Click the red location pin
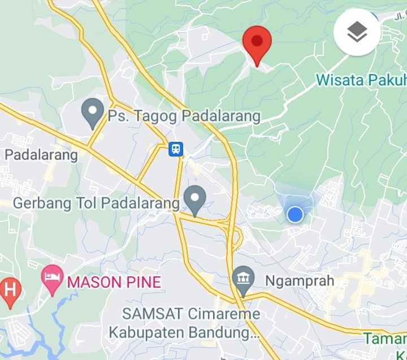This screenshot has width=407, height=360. [x=257, y=44]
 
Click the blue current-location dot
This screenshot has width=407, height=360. [x=295, y=215]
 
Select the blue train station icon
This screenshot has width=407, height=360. [x=176, y=149]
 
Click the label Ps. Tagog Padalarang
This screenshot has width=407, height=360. [x=184, y=117]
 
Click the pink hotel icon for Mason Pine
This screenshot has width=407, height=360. [x=52, y=279]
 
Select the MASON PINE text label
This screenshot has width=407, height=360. [x=115, y=281]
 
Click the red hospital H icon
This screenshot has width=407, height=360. [x=10, y=290]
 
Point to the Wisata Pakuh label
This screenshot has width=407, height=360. [x=361, y=80]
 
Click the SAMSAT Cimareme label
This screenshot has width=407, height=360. [x=192, y=314]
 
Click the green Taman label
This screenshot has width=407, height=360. [x=386, y=339]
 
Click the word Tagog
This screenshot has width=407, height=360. [x=149, y=117]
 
